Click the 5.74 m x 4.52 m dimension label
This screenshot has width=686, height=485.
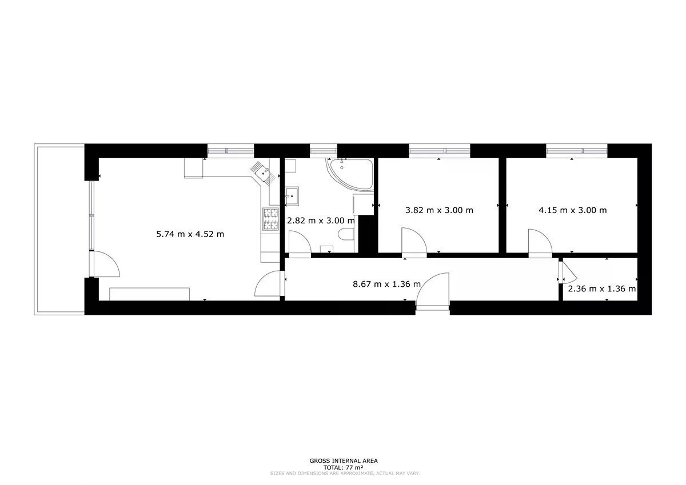click(190, 234)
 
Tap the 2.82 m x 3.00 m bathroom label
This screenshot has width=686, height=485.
click(321, 221)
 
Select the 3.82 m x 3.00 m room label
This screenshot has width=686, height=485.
click(439, 210)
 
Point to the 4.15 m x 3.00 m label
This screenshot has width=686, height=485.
click(572, 210)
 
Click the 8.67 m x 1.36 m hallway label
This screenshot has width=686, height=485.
click(386, 284)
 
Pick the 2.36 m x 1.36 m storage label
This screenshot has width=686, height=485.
click(602, 289)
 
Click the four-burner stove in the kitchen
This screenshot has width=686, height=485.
click(270, 219)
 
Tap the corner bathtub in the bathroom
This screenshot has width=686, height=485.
click(350, 174)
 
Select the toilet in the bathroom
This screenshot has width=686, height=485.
click(346, 235)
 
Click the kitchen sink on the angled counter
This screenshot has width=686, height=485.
click(264, 174)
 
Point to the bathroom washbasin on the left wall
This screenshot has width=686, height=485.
click(292, 195)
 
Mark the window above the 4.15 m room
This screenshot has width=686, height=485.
click(576, 151)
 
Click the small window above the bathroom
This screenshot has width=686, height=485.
click(323, 151)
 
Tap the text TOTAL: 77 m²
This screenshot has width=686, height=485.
click(344, 476)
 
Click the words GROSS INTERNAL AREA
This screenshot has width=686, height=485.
click(344, 469)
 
